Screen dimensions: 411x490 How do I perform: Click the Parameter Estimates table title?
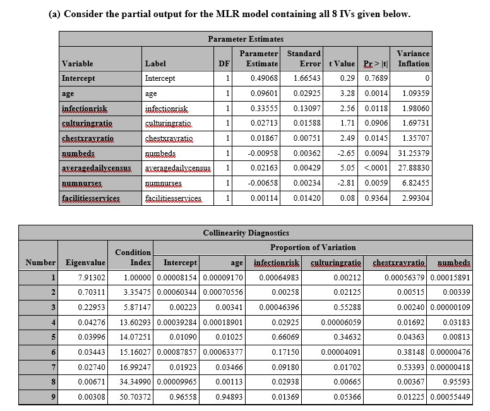pos(246,39)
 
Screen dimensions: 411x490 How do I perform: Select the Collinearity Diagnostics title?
pos(246,233)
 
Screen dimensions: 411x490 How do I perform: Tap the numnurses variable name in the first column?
pos(82,183)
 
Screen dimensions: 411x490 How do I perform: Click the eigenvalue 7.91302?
pos(92,277)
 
